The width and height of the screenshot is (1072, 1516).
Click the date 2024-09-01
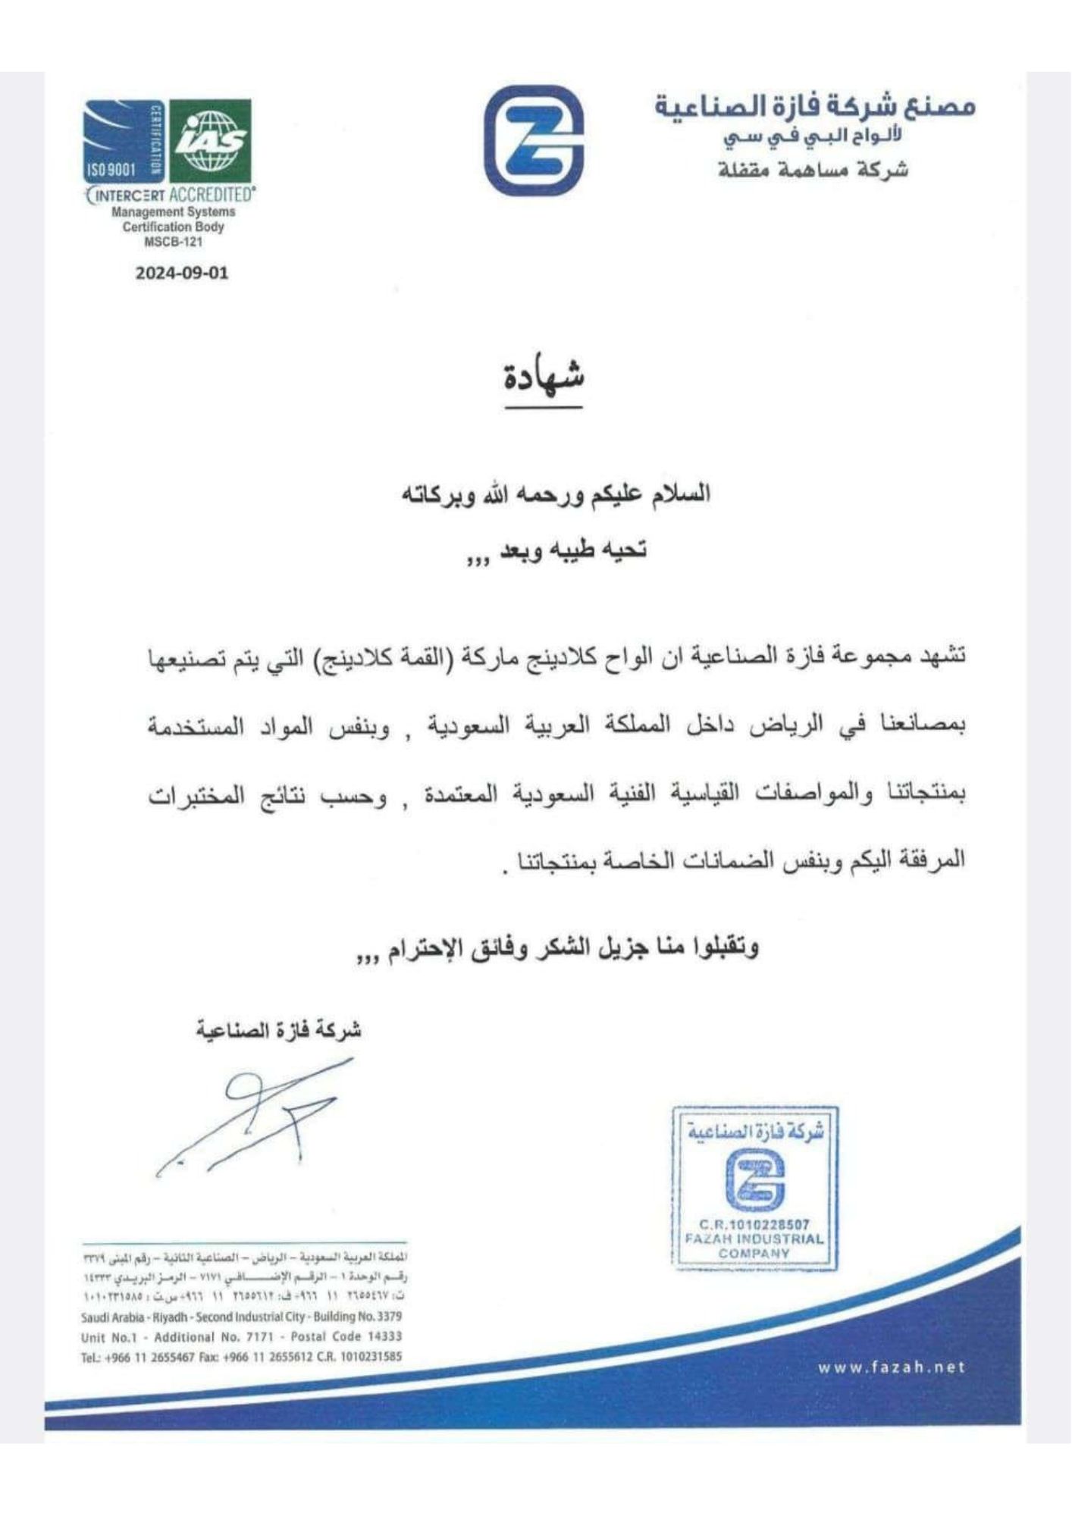tap(181, 273)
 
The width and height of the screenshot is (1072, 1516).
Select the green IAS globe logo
tap(210, 141)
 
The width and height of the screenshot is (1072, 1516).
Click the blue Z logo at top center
tap(534, 141)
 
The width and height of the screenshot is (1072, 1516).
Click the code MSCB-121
tap(173, 243)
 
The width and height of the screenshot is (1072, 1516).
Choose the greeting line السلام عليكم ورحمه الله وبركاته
tap(556, 494)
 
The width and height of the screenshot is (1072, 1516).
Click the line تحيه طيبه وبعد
tap(557, 550)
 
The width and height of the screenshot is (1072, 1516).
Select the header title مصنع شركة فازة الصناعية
tap(815, 107)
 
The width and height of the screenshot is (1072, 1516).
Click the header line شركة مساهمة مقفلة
tap(813, 170)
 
